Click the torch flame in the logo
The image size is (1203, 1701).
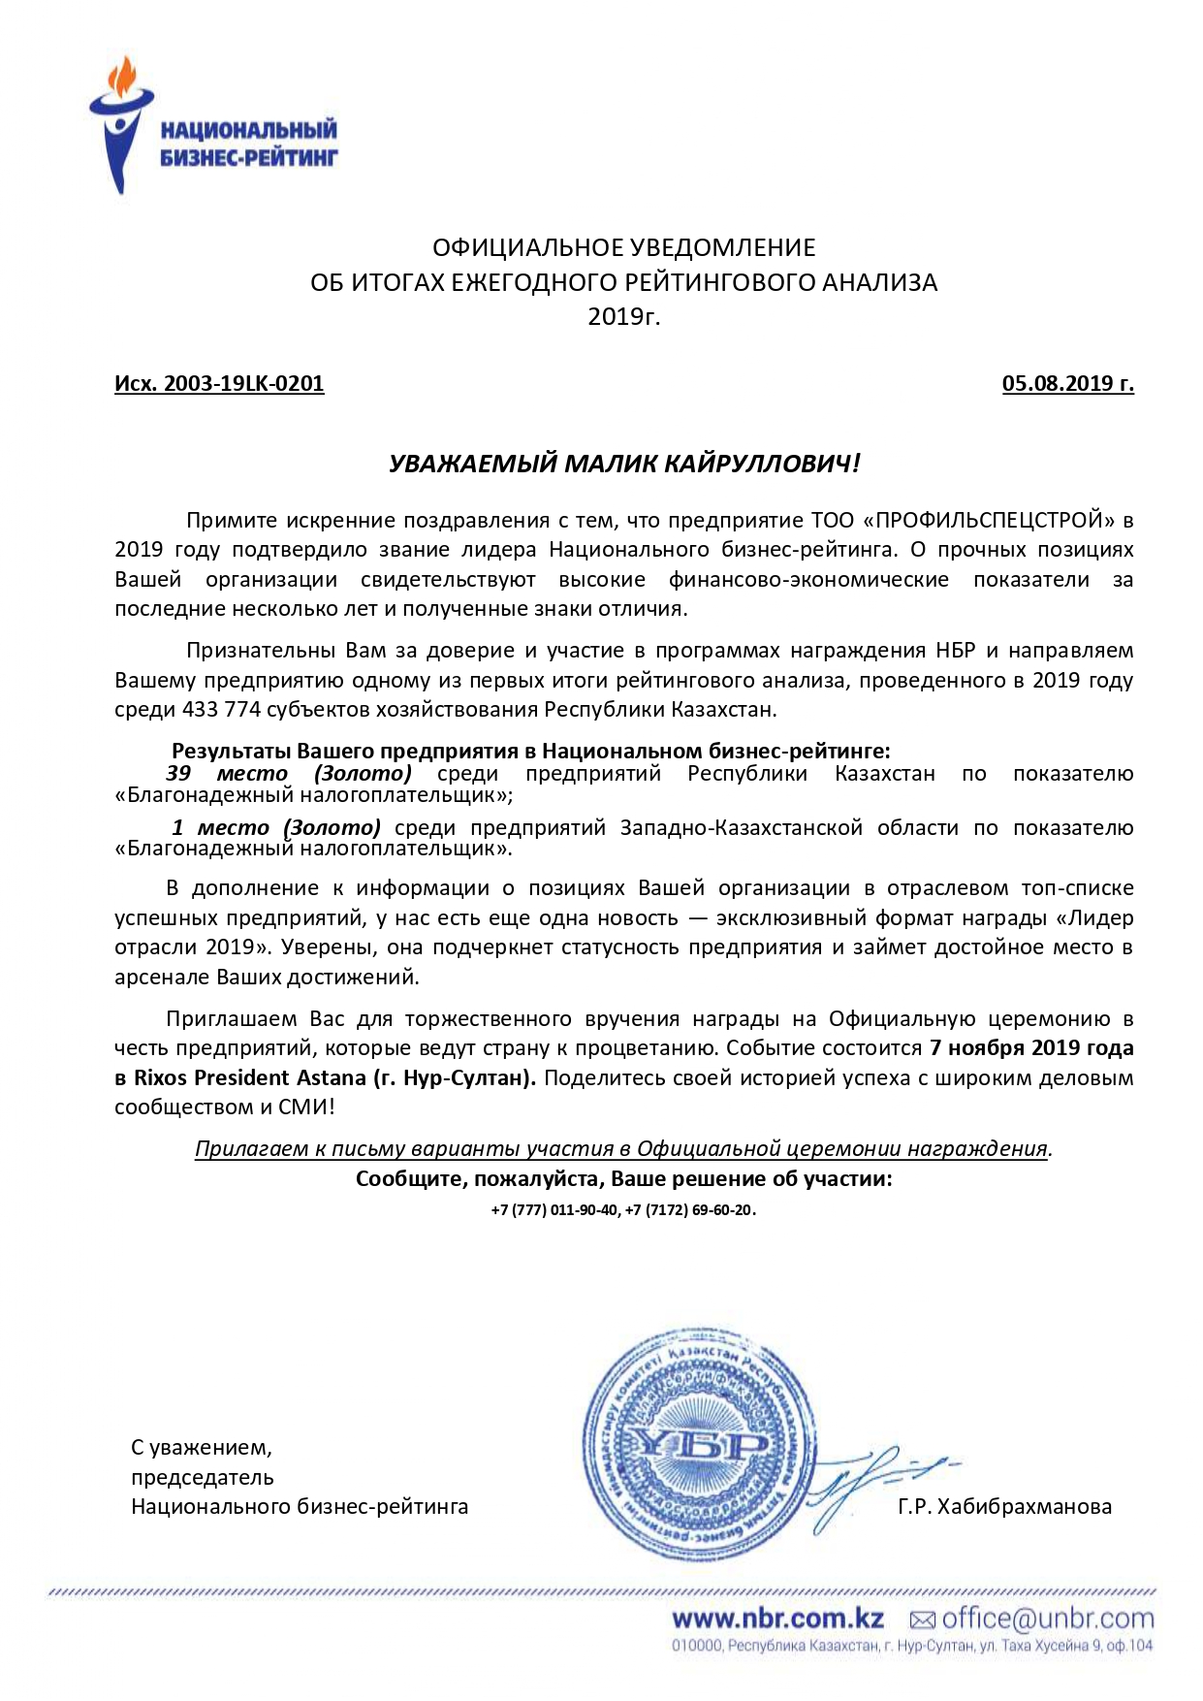click(124, 75)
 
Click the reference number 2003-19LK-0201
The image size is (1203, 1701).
click(243, 384)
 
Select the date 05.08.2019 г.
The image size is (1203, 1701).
click(1067, 384)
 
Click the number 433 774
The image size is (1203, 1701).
click(221, 710)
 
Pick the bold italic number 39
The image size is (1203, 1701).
click(178, 774)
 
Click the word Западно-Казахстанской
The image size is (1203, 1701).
click(742, 828)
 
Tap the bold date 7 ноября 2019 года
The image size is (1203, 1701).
click(1031, 1048)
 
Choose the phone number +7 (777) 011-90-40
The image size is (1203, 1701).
click(554, 1210)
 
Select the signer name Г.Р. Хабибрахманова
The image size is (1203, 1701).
click(1004, 1507)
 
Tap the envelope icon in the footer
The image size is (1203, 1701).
click(922, 1620)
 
